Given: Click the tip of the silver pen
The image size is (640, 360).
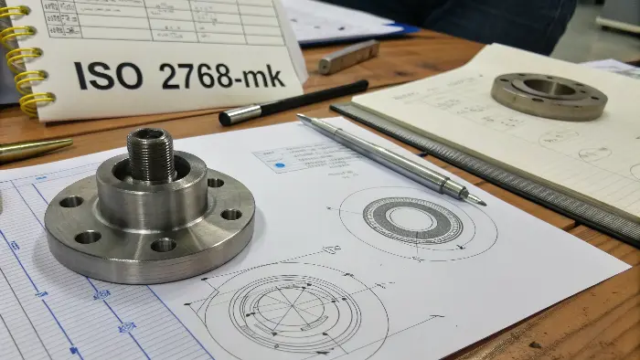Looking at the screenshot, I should tap(480, 201).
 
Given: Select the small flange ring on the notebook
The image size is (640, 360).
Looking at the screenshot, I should tap(548, 95).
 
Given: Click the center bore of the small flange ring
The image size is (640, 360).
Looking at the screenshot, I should tap(549, 88).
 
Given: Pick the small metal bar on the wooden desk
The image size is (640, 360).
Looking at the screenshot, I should tap(347, 57).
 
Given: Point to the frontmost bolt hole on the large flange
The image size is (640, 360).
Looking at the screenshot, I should tap(164, 245).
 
